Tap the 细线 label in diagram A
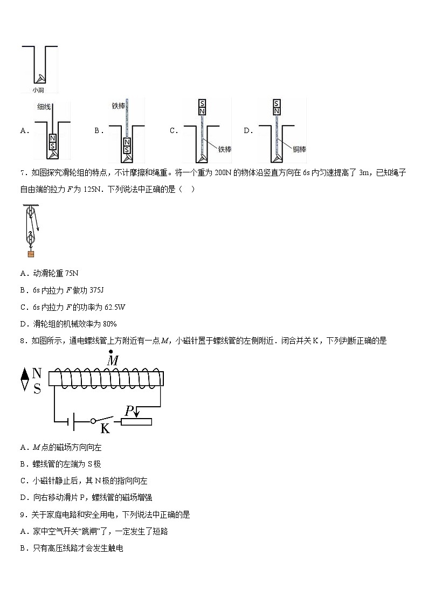pos(44,107)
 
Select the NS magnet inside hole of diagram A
pos(52,142)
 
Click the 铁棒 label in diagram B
pos(118,106)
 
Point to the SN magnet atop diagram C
pos(202,107)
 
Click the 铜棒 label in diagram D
pos(300,149)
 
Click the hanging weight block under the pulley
pos(31,254)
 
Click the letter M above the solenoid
pos(112,360)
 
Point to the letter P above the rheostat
pos(129,411)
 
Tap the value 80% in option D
pos(109,324)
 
